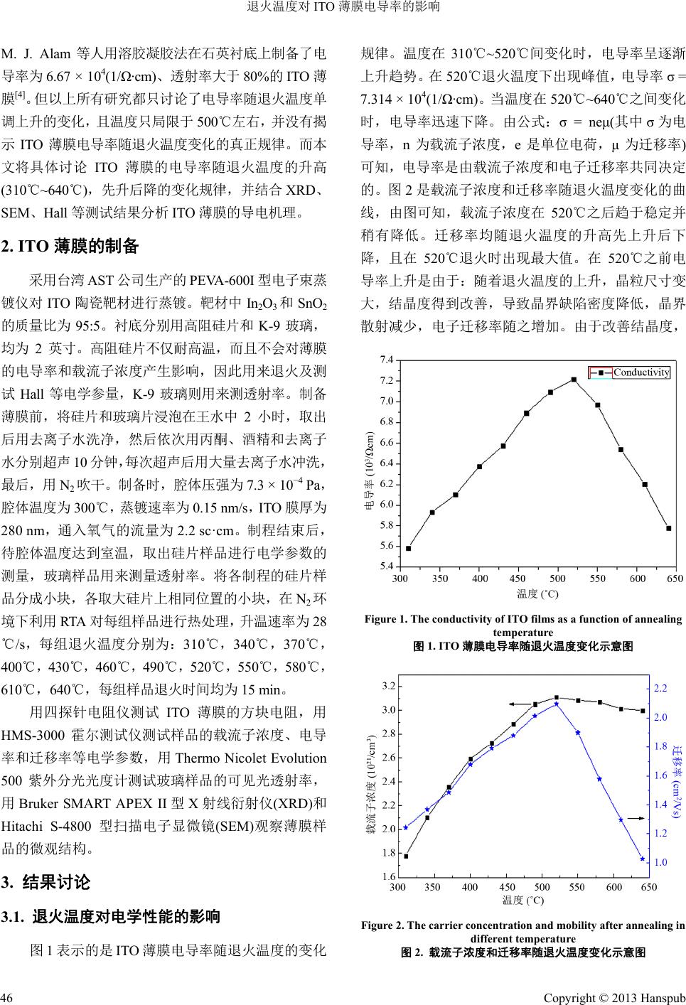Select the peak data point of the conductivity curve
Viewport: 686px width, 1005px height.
tap(574, 380)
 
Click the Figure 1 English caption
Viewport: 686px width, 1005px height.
tap(522, 625)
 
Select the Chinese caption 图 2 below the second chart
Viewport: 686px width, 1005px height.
tap(522, 952)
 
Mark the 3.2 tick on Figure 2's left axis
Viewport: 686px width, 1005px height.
tap(388, 686)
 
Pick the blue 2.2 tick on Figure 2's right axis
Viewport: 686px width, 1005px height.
tap(660, 688)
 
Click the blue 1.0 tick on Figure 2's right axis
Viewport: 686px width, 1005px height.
tap(660, 862)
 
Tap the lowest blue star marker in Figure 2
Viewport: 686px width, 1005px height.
tap(642, 859)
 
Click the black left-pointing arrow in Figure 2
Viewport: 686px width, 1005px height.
tap(522, 704)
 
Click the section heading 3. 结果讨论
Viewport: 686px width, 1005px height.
tap(47, 883)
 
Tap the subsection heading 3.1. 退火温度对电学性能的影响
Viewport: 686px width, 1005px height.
tap(111, 916)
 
